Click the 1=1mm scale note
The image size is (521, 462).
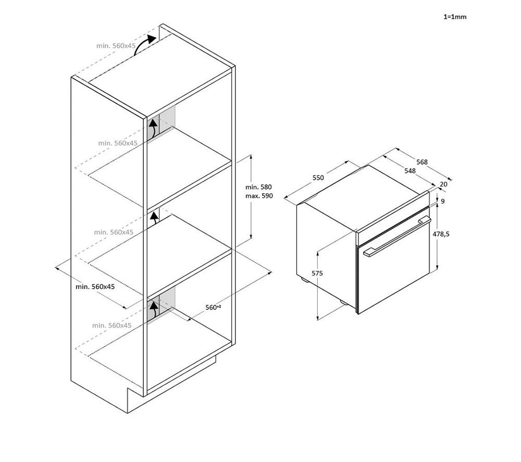click(455, 17)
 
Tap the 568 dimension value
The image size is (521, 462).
click(422, 162)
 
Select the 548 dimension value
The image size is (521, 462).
click(410, 171)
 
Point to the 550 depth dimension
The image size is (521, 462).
click(318, 178)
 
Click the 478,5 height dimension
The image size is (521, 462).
click(441, 234)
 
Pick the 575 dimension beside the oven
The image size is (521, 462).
click(317, 273)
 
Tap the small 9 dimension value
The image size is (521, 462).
click(442, 201)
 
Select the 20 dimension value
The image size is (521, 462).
click(443, 184)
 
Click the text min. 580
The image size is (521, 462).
click(258, 188)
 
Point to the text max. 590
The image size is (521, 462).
click(259, 196)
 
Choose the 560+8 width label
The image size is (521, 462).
click(213, 307)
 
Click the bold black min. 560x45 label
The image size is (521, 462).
click(95, 286)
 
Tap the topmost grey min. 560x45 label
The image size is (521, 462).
click(116, 46)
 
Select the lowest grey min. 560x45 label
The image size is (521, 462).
click(112, 326)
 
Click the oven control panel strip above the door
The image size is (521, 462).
click(392, 218)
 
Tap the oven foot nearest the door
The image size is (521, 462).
click(343, 302)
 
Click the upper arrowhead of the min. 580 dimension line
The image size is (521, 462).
click(251, 157)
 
